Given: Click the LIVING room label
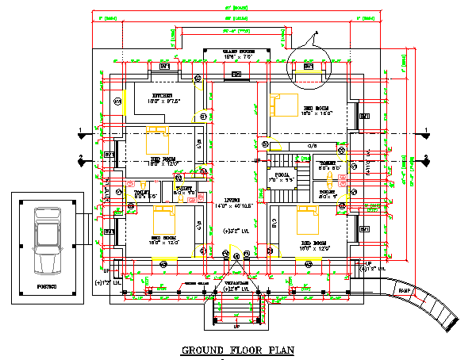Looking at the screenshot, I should point(232,200).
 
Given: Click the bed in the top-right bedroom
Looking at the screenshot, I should point(283,105).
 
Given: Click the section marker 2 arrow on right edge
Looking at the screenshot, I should point(426,158).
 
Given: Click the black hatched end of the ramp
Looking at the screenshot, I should point(451,324).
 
